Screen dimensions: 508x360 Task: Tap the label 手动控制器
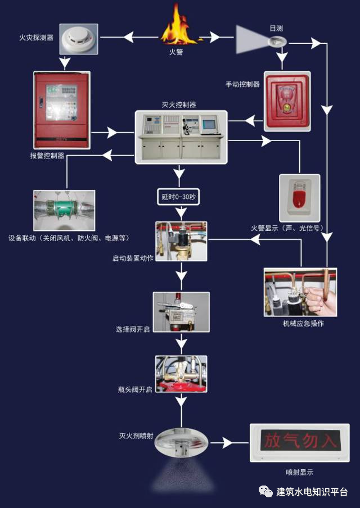pos(242,84)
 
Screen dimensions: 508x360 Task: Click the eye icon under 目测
pos(277,40)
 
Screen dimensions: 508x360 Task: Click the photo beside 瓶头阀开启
pos(181,374)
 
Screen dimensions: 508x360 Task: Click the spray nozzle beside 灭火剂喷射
pos(181,442)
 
